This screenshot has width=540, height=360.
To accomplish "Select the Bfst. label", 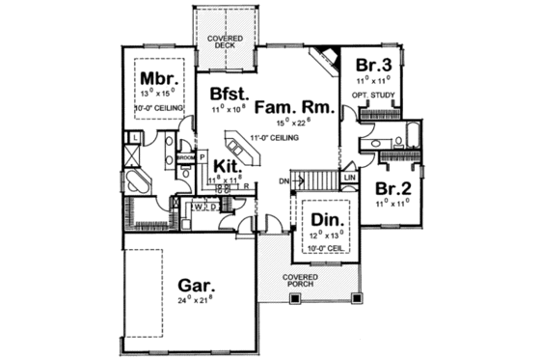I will click(x=230, y=95).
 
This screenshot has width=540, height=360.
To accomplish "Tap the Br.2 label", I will click(x=392, y=186).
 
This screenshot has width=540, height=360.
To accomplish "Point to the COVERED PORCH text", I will click(x=300, y=281).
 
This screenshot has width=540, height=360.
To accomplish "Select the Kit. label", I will click(x=228, y=165).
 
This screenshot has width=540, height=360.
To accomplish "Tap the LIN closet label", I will click(x=350, y=179).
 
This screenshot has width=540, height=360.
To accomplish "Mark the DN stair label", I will click(x=283, y=180).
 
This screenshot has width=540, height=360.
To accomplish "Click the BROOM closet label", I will click(x=187, y=156).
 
